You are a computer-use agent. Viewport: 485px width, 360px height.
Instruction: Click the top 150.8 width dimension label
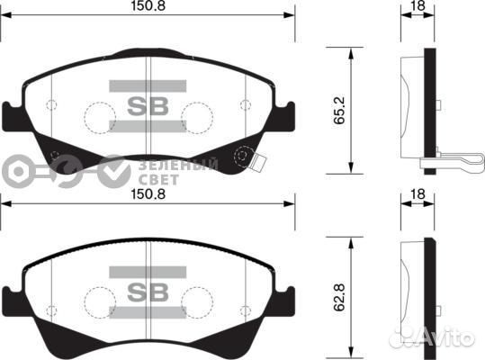[x=149, y=7]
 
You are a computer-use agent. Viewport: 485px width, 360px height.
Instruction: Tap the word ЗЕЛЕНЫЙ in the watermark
[x=179, y=165]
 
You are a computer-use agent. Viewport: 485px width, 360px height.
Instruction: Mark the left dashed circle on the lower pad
[x=98, y=299]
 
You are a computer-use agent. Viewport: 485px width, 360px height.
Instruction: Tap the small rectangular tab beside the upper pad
[x=261, y=166]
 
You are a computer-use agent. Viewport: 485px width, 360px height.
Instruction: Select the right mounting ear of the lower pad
[x=287, y=296]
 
